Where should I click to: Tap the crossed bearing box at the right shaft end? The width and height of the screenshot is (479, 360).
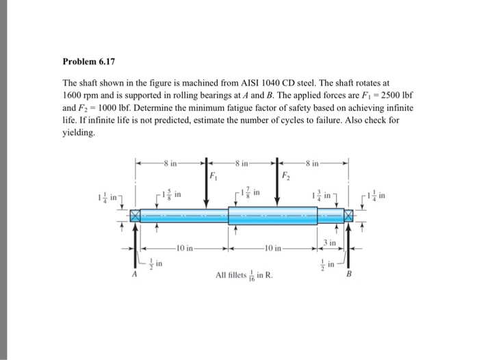click(x=350, y=215)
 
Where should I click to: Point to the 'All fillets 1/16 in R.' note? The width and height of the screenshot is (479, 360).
click(x=244, y=277)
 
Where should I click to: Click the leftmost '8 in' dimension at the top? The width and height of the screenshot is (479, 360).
click(x=169, y=164)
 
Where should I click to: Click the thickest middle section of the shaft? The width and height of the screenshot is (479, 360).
click(x=273, y=215)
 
